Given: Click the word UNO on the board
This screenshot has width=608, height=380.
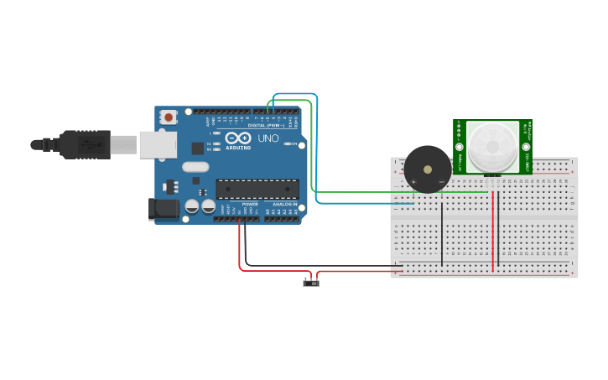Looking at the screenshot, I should [268, 138].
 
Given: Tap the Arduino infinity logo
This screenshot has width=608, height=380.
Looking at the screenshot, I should [237, 138].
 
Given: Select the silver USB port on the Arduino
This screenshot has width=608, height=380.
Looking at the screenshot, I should [158, 144].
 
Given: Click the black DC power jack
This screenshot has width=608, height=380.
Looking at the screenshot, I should [164, 209].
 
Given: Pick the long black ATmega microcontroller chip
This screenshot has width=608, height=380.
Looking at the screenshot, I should [257, 190].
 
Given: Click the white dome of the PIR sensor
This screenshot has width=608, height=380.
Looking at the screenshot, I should [492, 145].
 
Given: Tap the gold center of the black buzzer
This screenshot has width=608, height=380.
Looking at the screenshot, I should [428, 169].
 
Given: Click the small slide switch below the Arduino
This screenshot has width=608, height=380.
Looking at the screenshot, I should [311, 283].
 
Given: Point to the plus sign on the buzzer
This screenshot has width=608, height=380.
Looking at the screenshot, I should [413, 181].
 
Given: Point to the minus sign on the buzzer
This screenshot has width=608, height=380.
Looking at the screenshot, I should [442, 181].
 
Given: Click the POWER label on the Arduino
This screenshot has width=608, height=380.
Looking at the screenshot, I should [250, 204].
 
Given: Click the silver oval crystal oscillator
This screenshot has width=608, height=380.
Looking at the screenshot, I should [195, 166].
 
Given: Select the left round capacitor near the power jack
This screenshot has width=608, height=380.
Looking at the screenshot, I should [192, 206].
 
